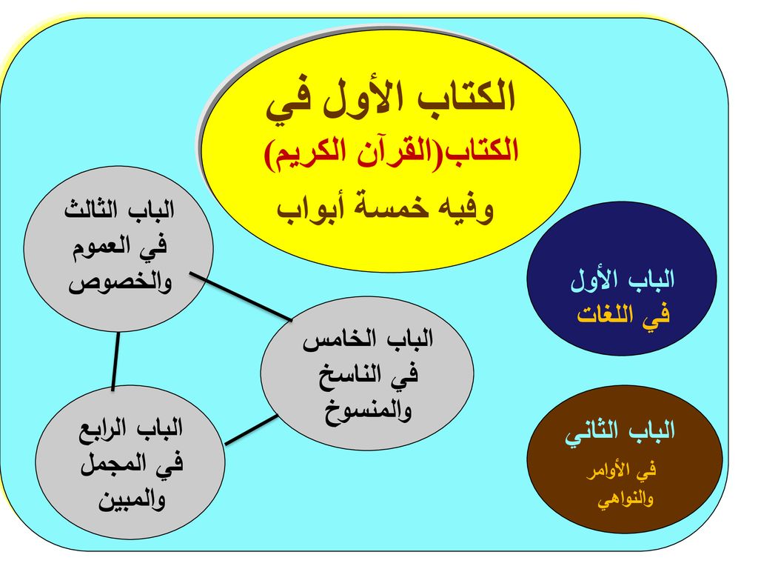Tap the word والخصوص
pyautogui.click(x=120, y=283)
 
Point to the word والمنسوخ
pyautogui.click(x=368, y=412)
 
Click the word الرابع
pyautogui.click(x=104, y=429)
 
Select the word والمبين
pyautogui.click(x=132, y=500)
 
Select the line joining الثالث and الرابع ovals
pyautogui.click(x=115, y=361)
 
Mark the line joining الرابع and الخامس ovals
pyautogui.click(x=252, y=430)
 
